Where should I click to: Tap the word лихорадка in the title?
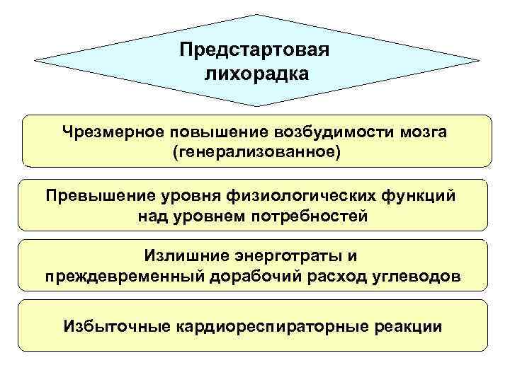click(x=256, y=74)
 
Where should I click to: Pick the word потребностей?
click(x=309, y=216)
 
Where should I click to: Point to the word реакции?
click(x=407, y=327)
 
